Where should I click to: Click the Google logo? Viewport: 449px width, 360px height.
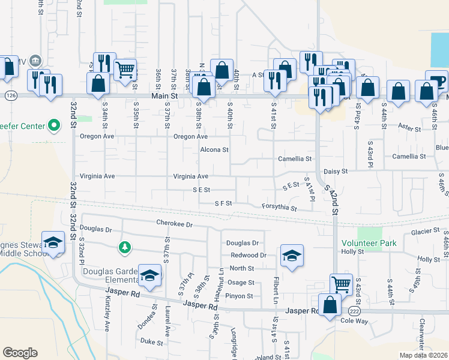tap(20, 353)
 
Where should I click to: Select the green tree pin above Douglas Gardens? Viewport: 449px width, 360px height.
tap(125, 247)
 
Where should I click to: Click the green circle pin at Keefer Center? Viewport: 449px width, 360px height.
tap(54, 126)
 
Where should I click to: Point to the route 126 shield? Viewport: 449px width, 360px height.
tap(10, 95)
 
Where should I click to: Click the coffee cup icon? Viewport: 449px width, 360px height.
tap(437, 80)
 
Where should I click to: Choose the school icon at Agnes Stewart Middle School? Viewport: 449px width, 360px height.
tap(53, 242)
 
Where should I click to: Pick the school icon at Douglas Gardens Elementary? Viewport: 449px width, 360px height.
tap(150, 275)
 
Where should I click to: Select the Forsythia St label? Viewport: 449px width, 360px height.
tap(279, 208)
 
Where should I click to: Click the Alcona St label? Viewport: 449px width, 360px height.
tap(214, 149)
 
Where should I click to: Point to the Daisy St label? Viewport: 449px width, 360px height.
tap(336, 172)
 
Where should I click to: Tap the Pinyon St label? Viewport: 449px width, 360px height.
tap(239, 296)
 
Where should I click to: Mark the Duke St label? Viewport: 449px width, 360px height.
tap(151, 343)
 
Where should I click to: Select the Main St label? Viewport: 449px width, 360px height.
tap(164, 95)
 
